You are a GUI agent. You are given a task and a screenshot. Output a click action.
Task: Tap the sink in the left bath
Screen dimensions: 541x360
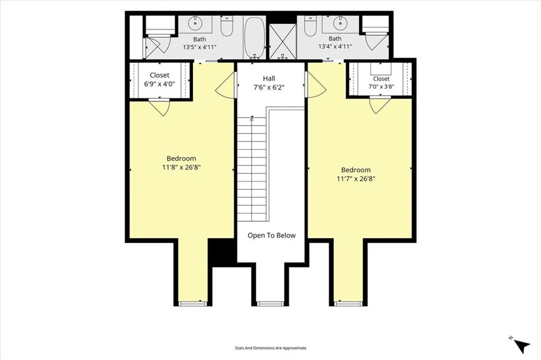(195, 23)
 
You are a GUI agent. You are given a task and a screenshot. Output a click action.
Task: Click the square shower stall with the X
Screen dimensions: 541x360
(283, 41)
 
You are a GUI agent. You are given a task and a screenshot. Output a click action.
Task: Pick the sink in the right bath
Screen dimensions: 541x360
(340, 23)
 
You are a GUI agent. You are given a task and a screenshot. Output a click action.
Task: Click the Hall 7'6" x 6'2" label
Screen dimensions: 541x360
(269, 83)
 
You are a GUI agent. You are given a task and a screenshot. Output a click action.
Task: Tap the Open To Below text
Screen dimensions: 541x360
(272, 235)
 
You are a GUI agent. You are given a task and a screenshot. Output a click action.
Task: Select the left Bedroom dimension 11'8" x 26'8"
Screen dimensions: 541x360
(182, 167)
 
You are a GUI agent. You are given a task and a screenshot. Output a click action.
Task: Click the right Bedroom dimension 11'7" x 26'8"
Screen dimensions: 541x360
(356, 179)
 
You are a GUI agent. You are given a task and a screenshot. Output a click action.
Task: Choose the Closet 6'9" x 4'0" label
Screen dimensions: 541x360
(160, 79)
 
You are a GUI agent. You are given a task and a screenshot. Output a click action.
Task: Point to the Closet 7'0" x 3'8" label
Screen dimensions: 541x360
(381, 83)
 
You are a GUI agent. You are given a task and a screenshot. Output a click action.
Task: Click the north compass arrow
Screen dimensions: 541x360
(521, 345)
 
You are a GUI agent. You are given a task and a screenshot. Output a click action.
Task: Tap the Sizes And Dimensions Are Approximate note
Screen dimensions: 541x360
(270, 348)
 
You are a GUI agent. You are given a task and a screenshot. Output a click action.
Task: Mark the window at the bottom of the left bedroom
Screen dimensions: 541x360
(191, 303)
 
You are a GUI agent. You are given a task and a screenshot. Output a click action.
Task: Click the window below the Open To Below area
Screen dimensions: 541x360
(271, 304)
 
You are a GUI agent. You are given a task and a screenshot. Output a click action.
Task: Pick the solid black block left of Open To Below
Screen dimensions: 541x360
(222, 252)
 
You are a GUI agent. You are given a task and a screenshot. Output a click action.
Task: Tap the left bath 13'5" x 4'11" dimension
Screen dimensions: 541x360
(200, 47)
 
